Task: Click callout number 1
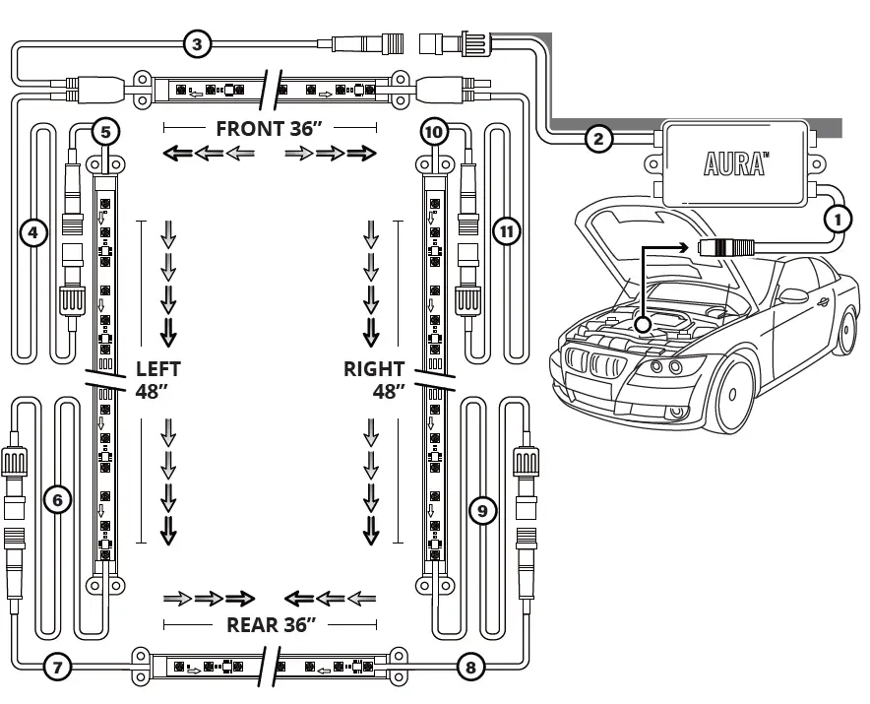click(x=837, y=219)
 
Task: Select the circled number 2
click(x=597, y=138)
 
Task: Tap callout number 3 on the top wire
click(x=197, y=43)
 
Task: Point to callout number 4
click(x=33, y=233)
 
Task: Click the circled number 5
click(x=105, y=131)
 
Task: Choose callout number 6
click(x=58, y=500)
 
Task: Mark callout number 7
click(x=58, y=667)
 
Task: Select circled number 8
click(x=470, y=667)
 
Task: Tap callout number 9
click(x=480, y=510)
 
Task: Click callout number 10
click(x=434, y=131)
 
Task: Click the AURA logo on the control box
click(x=735, y=163)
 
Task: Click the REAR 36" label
click(x=271, y=624)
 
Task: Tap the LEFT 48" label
click(x=157, y=380)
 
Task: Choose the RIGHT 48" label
click(x=375, y=380)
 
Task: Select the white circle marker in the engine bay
click(x=643, y=323)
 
